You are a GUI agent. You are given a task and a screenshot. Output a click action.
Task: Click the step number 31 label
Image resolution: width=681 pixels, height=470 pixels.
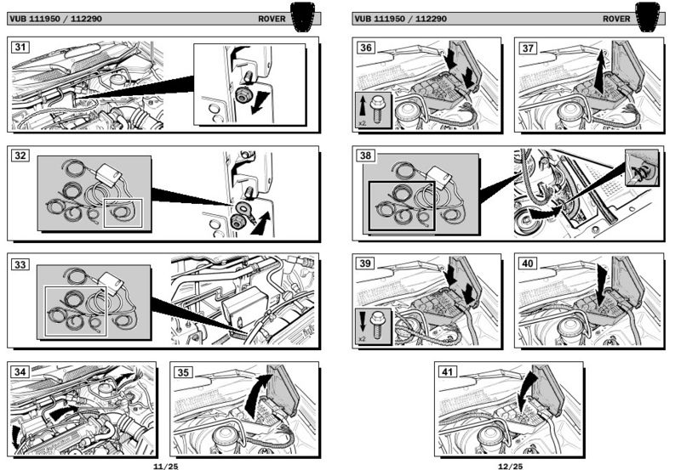pos(20,47)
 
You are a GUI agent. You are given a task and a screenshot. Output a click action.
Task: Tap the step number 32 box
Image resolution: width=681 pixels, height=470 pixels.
pos(20,156)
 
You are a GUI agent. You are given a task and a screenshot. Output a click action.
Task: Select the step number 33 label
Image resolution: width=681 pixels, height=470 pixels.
pos(20,264)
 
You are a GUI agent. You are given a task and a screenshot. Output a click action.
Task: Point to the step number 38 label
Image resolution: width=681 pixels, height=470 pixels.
pos(366,156)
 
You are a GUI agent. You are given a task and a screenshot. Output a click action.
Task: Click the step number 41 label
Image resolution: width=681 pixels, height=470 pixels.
pos(448,371)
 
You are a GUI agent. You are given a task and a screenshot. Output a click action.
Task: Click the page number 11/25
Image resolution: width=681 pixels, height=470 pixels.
pos(165,467)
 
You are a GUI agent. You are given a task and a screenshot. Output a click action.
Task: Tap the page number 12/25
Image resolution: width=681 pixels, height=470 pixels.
pos(510,467)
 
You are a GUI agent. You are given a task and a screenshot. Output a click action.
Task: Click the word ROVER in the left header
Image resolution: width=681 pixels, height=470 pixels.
pos(272,19)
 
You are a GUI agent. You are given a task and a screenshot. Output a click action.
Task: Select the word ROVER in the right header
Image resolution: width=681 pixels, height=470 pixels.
pos(616,19)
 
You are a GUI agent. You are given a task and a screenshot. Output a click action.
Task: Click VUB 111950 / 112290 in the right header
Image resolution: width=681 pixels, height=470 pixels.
pos(400,19)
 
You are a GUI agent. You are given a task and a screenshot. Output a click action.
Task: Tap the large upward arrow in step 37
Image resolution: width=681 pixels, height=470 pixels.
pos(599,71)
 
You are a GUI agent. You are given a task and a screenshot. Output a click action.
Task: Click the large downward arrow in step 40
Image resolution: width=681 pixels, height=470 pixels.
pos(602,285)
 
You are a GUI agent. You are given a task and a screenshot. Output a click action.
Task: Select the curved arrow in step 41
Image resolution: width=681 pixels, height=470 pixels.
pos(527,394)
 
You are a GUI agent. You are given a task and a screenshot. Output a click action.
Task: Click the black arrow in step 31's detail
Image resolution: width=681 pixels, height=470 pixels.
pos(258,103)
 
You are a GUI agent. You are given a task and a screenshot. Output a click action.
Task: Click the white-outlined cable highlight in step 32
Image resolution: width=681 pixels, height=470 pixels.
pos(123,212)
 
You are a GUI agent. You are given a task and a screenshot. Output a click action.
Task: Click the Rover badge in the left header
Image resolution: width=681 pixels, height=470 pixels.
pos(302,17)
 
